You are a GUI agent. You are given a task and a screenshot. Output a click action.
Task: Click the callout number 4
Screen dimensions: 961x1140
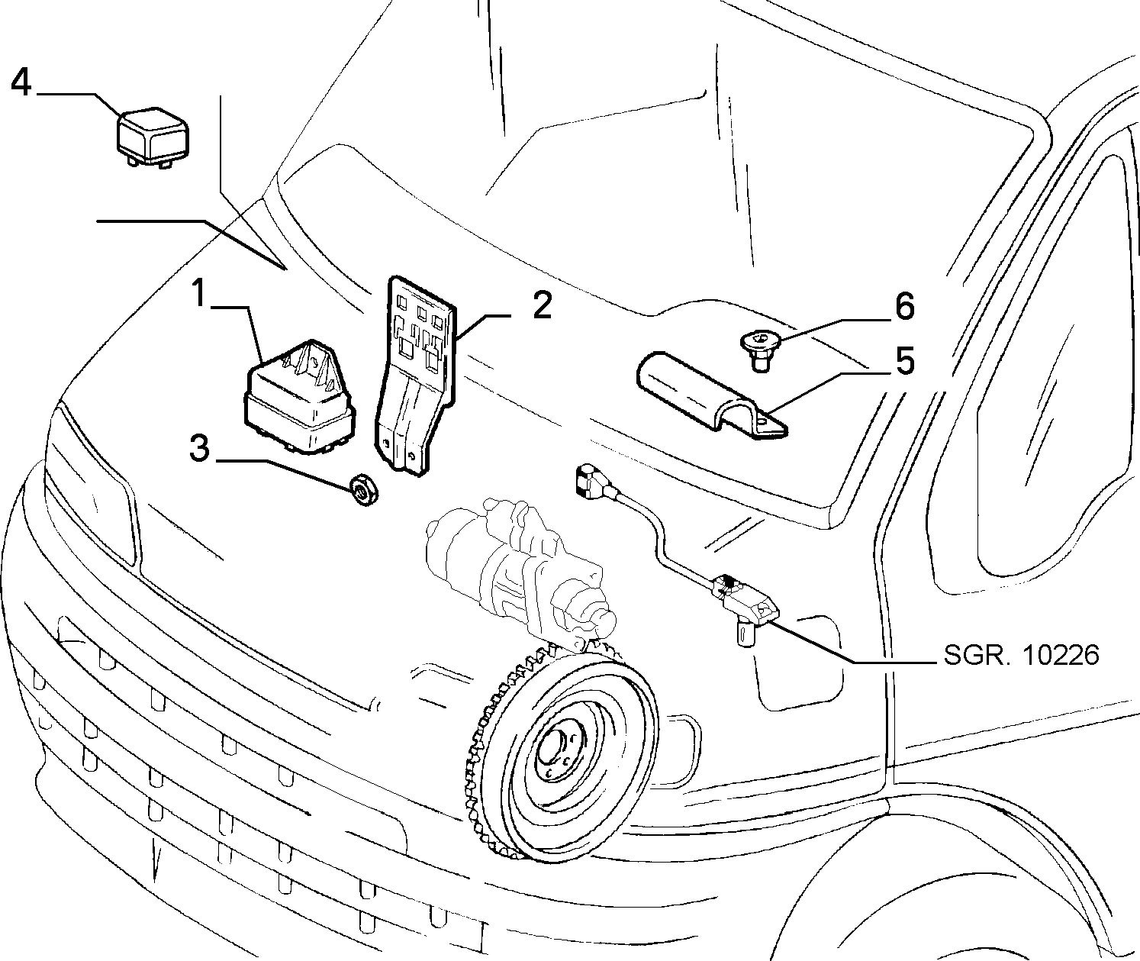(21, 82)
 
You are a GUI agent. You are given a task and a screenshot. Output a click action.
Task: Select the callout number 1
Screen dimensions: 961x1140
(199, 293)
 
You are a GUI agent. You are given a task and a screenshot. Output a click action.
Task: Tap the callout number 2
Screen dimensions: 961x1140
(541, 306)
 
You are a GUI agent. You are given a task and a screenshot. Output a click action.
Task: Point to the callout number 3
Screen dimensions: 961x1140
(199, 448)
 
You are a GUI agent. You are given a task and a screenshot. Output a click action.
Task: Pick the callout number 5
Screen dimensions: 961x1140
(904, 361)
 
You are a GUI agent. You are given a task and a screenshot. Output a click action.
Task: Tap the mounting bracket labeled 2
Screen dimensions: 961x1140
(415, 374)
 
